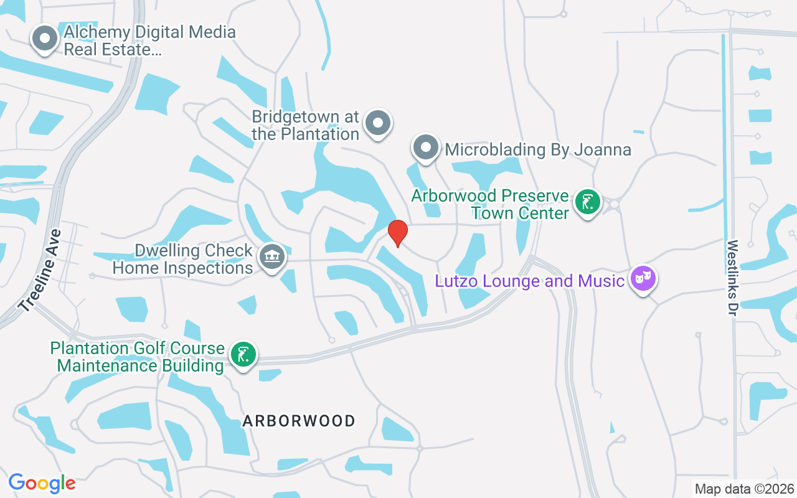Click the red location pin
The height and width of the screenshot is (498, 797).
tap(398, 233)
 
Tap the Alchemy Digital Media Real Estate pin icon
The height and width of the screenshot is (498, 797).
tap(44, 39)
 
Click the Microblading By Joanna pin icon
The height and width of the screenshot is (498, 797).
tap(426, 148)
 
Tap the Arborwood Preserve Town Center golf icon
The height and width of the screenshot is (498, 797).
tap(587, 202)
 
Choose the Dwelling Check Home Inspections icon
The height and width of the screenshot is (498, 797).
tap(271, 256)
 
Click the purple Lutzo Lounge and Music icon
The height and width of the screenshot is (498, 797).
tap(642, 279)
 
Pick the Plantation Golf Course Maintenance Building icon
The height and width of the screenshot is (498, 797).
tap(243, 354)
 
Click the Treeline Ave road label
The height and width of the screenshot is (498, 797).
tap(40, 271)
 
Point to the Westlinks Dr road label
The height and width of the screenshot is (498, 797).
tap(732, 278)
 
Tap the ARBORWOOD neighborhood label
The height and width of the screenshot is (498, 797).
tap(299, 421)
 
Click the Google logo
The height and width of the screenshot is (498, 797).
tap(42, 483)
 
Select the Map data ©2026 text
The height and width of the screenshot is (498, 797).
tap(745, 489)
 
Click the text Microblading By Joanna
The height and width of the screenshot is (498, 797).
tap(538, 149)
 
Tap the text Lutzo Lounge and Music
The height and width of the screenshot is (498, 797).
tap(529, 281)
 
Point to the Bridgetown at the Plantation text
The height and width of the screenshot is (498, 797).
tap(306, 125)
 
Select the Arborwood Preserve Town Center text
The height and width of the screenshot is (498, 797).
tap(490, 205)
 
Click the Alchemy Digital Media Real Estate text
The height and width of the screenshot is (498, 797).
tap(149, 40)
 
